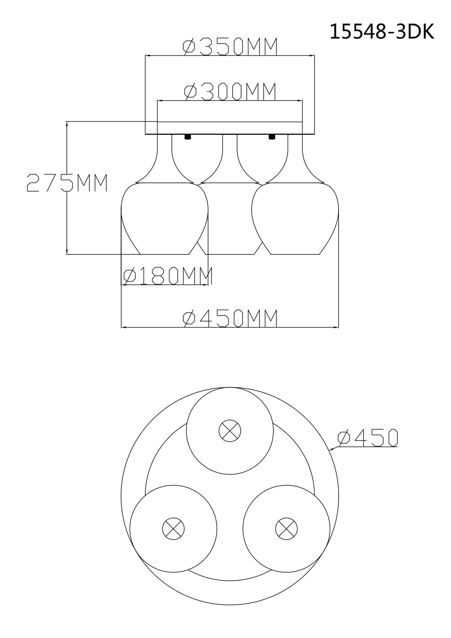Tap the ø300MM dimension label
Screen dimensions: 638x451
click(230, 92)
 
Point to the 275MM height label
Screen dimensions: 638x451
click(67, 183)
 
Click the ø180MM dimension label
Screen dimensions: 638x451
click(168, 276)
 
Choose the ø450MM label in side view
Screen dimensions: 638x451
click(230, 318)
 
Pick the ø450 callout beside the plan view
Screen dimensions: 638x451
click(367, 437)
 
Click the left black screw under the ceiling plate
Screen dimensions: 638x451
click(188, 137)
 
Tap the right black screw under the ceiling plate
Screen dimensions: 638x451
click(272, 137)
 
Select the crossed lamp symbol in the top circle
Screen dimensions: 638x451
click(230, 431)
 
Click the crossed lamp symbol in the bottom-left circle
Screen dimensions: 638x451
click(174, 529)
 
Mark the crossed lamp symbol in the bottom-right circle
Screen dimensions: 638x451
click(286, 529)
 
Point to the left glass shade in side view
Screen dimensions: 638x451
click(164, 218)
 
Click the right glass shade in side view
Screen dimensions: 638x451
click(295, 218)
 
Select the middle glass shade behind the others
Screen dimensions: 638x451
click(230, 218)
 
